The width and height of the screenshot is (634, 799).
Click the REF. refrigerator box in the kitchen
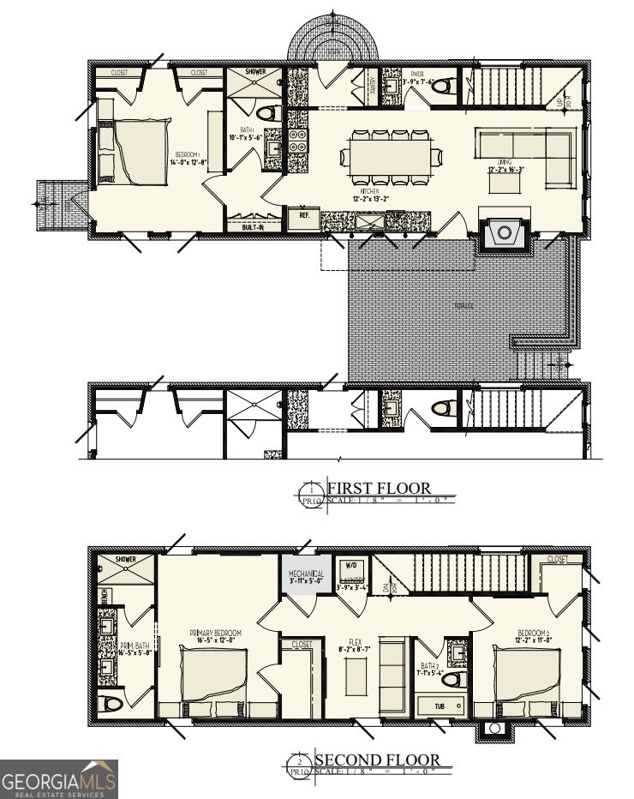pyautogui.click(x=303, y=218)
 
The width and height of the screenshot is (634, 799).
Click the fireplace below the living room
pyautogui.click(x=504, y=232)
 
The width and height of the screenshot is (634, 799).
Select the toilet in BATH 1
pyautogui.click(x=266, y=112)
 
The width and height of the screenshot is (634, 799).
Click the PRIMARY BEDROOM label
pyautogui.click(x=215, y=635)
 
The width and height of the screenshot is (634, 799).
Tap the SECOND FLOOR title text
pyautogui.click(x=378, y=760)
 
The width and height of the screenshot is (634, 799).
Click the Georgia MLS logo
pyautogui.click(x=58, y=778)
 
